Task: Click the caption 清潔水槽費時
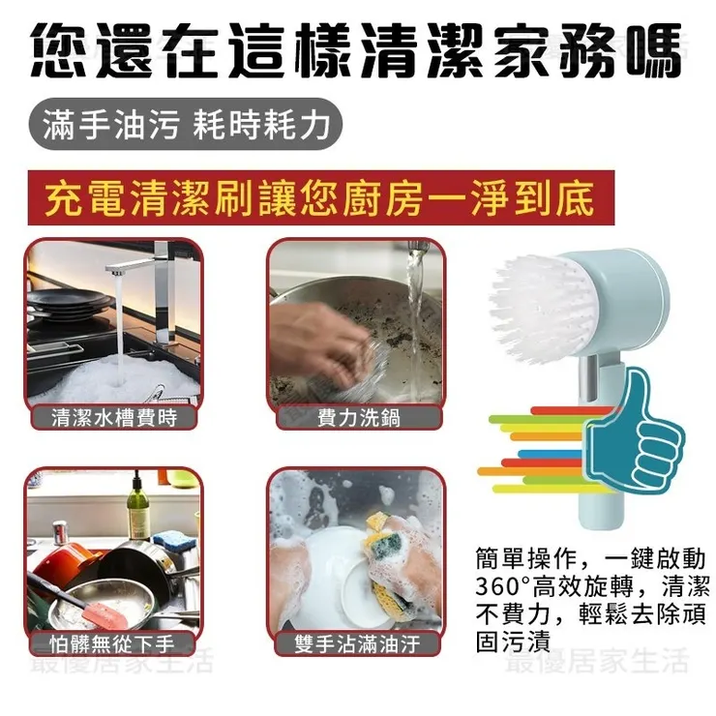[x=113, y=418]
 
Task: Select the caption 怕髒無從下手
[x=113, y=643]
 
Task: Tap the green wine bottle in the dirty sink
[x=139, y=508]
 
